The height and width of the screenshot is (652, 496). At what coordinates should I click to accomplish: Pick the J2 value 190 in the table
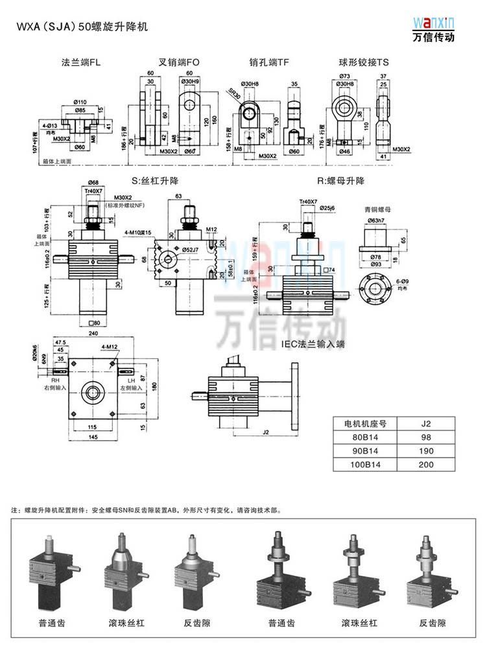tap(426, 451)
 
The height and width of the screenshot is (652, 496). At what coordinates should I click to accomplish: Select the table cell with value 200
tap(426, 465)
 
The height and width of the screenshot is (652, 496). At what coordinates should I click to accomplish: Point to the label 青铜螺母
tap(378, 209)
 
